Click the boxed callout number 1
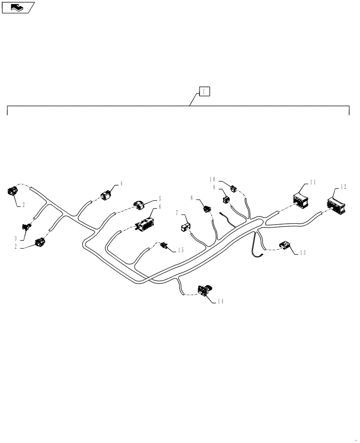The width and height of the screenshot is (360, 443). (x=204, y=92)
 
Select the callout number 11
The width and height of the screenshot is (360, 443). (x=313, y=182)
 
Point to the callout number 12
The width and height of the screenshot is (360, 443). (x=344, y=187)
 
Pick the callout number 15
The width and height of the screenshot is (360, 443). (x=181, y=250)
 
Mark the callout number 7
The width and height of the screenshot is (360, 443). (x=177, y=213)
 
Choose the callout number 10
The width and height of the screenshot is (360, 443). (x=212, y=179)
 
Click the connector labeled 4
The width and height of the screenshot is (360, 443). (x=106, y=195)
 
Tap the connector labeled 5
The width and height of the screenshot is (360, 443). (x=139, y=205)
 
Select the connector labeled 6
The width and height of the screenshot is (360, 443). (x=145, y=224)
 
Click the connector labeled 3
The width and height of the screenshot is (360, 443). (x=27, y=226)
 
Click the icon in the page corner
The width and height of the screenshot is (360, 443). (x=18, y=8)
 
